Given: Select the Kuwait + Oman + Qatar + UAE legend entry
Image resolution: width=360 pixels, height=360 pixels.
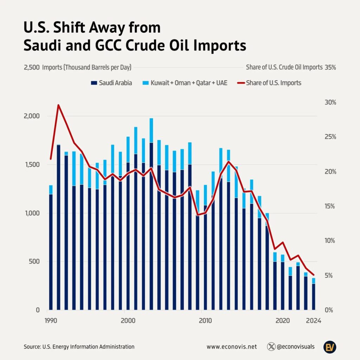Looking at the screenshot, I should pos(185,83).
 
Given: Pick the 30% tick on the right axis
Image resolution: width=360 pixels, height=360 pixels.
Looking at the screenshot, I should pos(330,103).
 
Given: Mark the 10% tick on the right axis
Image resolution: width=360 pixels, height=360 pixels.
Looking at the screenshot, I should pos(330,241).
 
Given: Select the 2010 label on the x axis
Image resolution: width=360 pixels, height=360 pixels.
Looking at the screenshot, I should pos(205,321).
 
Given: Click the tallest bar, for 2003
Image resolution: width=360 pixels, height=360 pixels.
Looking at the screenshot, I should pos(151,225).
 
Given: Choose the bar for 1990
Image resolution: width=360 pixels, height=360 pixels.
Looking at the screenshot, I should pos(51,251).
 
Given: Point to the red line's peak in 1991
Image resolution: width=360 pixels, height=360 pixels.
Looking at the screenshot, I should pos(58,105).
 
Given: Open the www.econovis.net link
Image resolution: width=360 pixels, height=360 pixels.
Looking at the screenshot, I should pos(232,347).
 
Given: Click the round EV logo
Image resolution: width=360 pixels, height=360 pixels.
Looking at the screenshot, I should pos(330,347).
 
